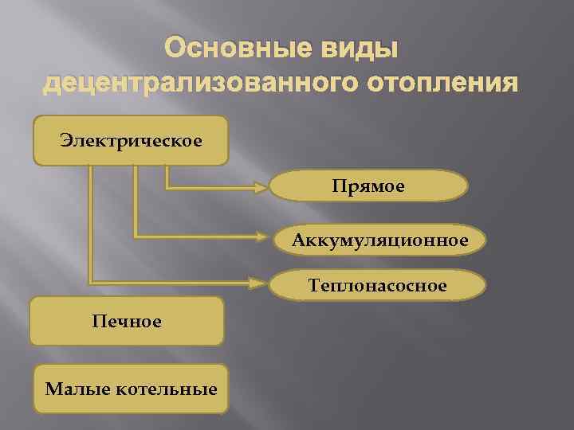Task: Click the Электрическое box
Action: pos(130,140)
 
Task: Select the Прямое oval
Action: pos(369,186)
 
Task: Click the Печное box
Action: pos(126,321)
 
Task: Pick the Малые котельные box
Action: pos(130,389)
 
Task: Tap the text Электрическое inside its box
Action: pos(130,140)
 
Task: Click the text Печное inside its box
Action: pos(126,321)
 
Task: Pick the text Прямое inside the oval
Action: pos(369,186)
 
